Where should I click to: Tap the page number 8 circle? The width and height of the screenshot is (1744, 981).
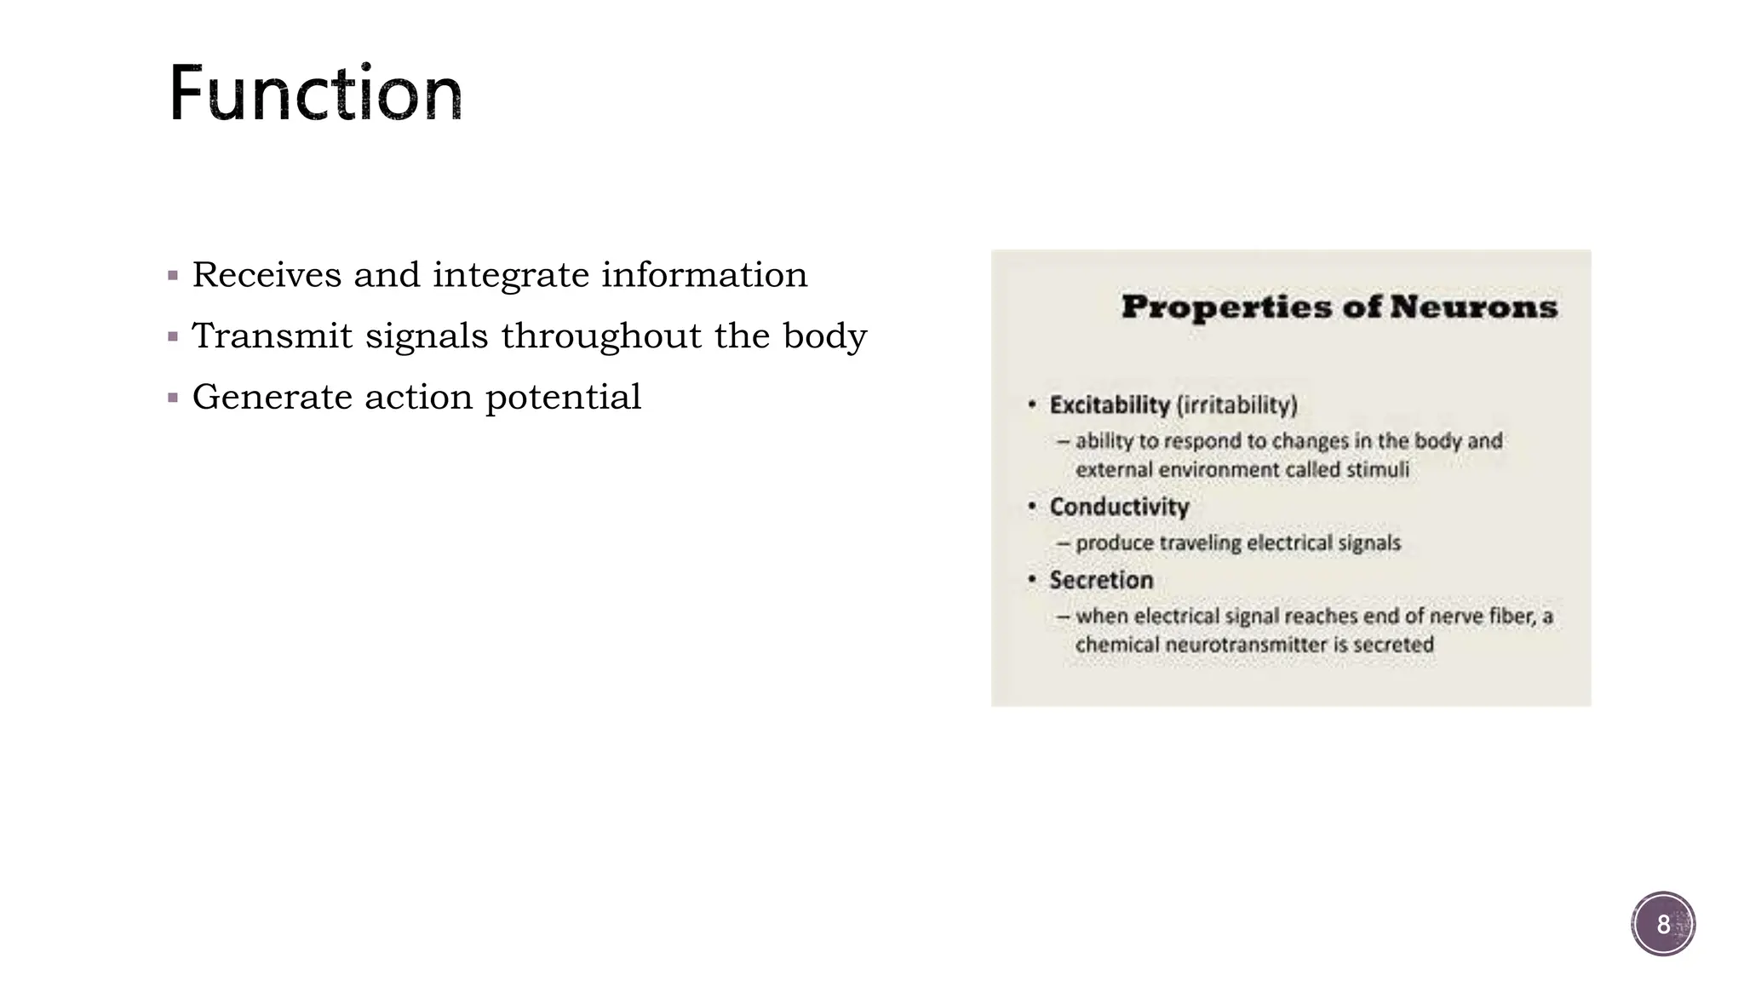click(x=1663, y=924)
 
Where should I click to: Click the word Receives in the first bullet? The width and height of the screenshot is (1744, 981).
click(x=267, y=275)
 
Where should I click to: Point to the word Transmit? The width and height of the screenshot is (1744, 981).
click(x=272, y=336)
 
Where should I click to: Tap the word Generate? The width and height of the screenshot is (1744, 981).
click(x=272, y=398)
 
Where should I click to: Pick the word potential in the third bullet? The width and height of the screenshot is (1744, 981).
click(x=563, y=398)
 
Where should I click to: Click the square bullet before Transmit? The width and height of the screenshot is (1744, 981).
click(x=174, y=337)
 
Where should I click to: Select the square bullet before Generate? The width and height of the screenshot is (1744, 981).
click(x=174, y=398)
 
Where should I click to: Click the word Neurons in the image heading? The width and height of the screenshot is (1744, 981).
click(x=1473, y=307)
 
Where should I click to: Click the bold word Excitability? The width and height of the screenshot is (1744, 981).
click(x=1110, y=405)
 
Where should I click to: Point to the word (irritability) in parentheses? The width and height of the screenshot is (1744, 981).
click(x=1236, y=405)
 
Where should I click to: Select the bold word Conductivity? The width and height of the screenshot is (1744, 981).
click(x=1119, y=508)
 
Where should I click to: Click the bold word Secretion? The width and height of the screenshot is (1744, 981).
click(x=1101, y=581)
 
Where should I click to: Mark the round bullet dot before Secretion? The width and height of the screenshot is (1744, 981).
click(x=1032, y=580)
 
